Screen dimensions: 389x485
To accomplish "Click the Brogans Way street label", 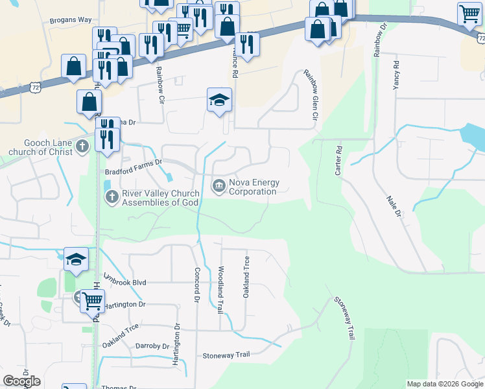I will [71, 20].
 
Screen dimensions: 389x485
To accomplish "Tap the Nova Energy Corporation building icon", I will [219, 187].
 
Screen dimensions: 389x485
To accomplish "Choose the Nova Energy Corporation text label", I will [253, 187].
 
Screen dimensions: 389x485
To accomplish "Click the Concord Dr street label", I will [195, 284].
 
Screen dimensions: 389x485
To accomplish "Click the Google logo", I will [21, 381].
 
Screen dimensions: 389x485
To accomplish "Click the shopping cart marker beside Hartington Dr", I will [93, 301].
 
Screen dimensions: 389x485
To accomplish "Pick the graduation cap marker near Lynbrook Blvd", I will [76, 259].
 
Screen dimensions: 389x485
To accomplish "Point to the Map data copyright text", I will [445, 384].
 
